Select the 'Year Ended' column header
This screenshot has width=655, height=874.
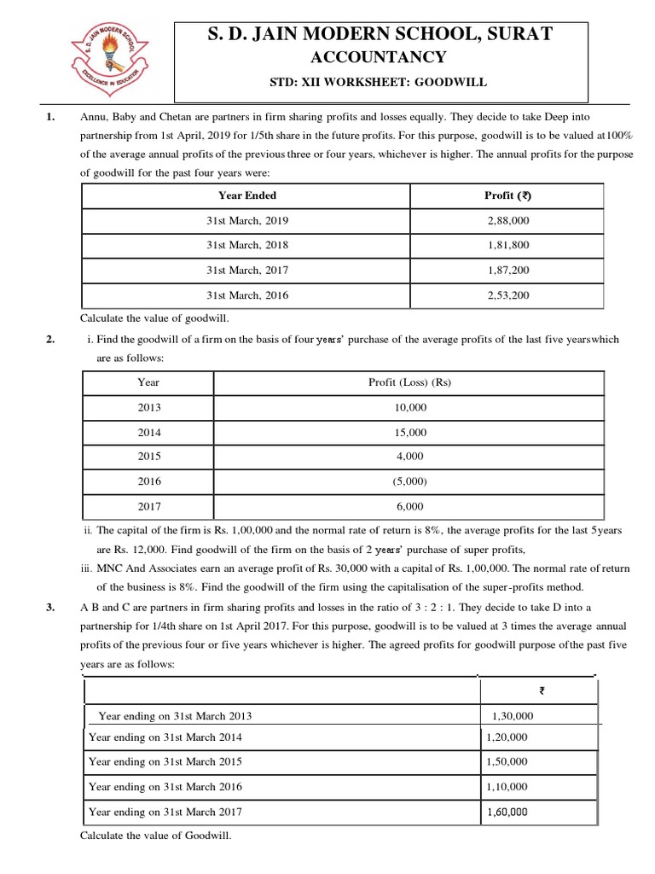tap(247, 195)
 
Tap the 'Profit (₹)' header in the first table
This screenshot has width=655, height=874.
tap(507, 195)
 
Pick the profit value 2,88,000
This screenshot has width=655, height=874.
tap(508, 220)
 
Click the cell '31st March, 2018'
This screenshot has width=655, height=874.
tap(247, 245)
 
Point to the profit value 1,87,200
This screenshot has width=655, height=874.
tap(508, 270)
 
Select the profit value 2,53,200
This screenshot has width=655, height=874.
tap(508, 295)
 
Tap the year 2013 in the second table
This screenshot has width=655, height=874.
tap(149, 408)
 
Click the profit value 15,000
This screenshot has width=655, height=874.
tap(410, 433)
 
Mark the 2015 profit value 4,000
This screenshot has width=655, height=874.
tap(410, 457)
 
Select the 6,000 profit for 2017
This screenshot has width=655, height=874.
tap(410, 506)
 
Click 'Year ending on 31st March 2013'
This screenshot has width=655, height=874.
tap(176, 716)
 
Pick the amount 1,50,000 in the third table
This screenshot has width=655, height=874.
tap(507, 761)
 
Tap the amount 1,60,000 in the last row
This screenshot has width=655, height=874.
tap(507, 812)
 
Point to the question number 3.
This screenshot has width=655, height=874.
tap(51, 608)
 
